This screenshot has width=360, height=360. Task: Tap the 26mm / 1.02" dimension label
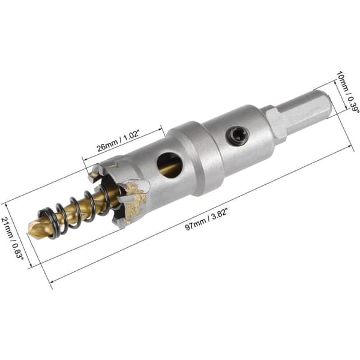[118, 141]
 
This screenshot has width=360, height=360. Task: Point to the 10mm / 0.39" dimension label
[347, 92]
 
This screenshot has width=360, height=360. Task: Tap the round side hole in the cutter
[170, 166]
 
